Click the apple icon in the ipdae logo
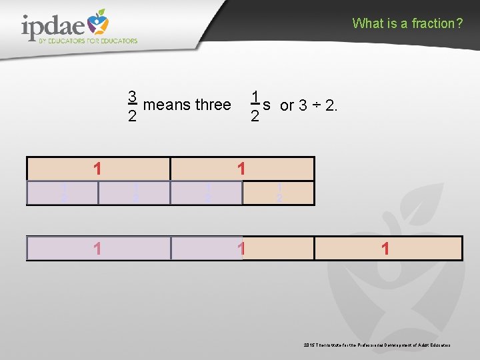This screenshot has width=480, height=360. pyautogui.click(x=98, y=23)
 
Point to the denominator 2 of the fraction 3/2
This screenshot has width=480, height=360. pyautogui.click(x=133, y=117)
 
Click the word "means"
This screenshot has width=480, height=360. pyautogui.click(x=167, y=105)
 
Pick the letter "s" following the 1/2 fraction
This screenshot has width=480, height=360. pyautogui.click(x=266, y=105)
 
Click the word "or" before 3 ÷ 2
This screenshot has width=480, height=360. pyautogui.click(x=287, y=105)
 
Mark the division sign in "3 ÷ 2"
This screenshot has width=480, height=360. pyautogui.click(x=317, y=105)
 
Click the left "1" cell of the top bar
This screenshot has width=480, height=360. pyautogui.click(x=98, y=169)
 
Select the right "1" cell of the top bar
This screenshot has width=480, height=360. pyautogui.click(x=242, y=169)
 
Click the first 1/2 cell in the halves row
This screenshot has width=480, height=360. pyautogui.click(x=63, y=193)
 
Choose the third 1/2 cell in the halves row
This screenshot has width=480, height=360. pyautogui.click(x=207, y=193)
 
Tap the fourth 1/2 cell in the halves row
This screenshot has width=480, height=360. pyautogui.click(x=278, y=193)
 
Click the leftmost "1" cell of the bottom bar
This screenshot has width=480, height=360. pyautogui.click(x=98, y=249)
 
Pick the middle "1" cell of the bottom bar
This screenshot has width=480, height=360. pyautogui.click(x=242, y=249)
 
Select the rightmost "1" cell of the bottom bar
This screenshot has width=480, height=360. pyautogui.click(x=387, y=249)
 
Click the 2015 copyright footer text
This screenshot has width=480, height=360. pyautogui.click(x=377, y=345)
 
